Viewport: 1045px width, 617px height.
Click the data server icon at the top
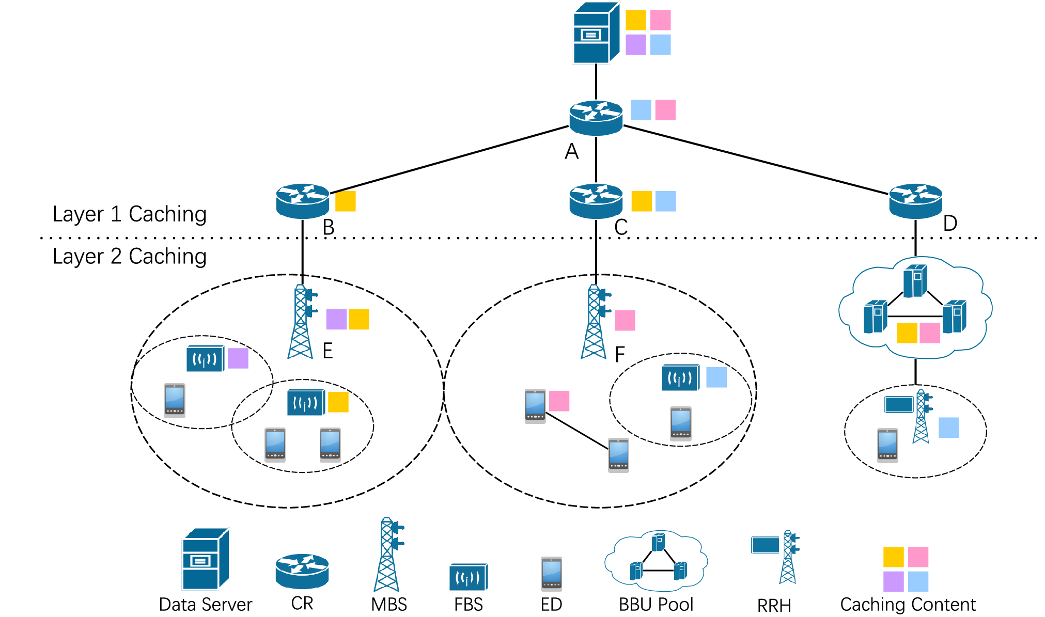pos(596,33)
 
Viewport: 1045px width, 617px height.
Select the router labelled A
pos(596,118)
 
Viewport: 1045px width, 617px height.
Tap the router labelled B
pos(303,201)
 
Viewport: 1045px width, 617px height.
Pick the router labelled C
pos(596,201)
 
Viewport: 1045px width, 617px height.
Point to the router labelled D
pos(915,201)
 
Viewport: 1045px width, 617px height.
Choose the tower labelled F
pos(595,321)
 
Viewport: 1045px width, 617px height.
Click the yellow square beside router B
pos(346,201)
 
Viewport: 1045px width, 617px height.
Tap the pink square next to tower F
pos(625,321)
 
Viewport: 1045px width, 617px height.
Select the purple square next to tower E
pos(336,319)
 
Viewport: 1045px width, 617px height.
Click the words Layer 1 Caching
pos(130,214)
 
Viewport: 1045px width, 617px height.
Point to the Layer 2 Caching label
pos(130,257)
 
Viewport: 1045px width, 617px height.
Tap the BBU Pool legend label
pos(656,604)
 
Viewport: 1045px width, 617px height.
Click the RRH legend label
pos(774,606)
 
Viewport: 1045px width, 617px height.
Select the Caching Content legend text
pos(908,604)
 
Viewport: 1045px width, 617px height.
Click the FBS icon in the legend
pos(469,577)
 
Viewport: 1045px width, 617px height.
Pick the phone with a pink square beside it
pos(535,406)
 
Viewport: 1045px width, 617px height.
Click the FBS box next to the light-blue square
pos(681,377)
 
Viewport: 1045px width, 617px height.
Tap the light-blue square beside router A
pos(641,110)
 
